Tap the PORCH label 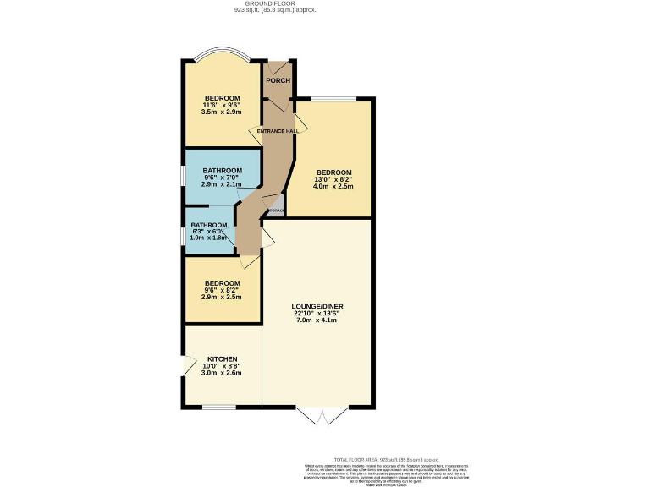tap(278, 80)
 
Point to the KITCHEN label tap(221, 359)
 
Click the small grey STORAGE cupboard tap(276, 209)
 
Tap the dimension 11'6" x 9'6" tap(222, 104)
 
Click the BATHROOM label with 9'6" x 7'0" tap(222, 170)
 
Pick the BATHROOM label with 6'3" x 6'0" tap(208, 225)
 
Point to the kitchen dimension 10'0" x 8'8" tap(221, 366)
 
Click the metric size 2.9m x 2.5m tap(222, 297)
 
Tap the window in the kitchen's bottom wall tap(218, 407)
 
